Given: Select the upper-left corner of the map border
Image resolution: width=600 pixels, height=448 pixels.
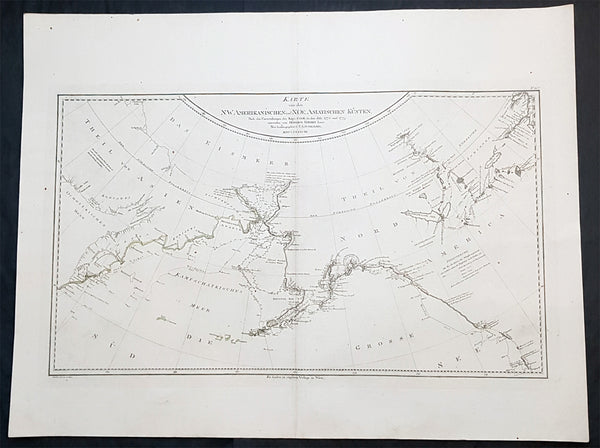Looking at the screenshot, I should (57, 95).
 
